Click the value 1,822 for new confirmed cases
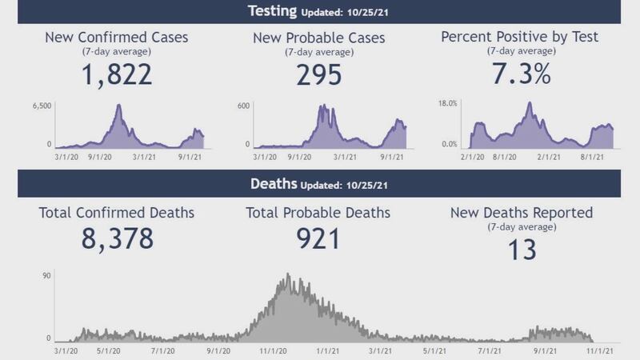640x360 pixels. tap(118, 74)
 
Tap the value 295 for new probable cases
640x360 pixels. tap(319, 74)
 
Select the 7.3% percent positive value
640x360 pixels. tap(519, 74)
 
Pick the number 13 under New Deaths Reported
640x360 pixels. tap(522, 250)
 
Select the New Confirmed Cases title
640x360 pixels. tap(118, 38)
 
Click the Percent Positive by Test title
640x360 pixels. tap(519, 38)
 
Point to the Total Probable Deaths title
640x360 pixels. tap(319, 213)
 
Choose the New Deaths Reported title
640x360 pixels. tap(522, 213)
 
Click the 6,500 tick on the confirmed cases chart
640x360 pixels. tap(42, 106)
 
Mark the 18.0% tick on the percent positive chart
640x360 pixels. tap(447, 104)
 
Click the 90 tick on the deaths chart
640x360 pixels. tap(46, 276)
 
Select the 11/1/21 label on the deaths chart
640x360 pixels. tap(601, 350)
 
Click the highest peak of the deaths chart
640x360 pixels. tap(288, 276)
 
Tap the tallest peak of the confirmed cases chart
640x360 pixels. tap(118, 106)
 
